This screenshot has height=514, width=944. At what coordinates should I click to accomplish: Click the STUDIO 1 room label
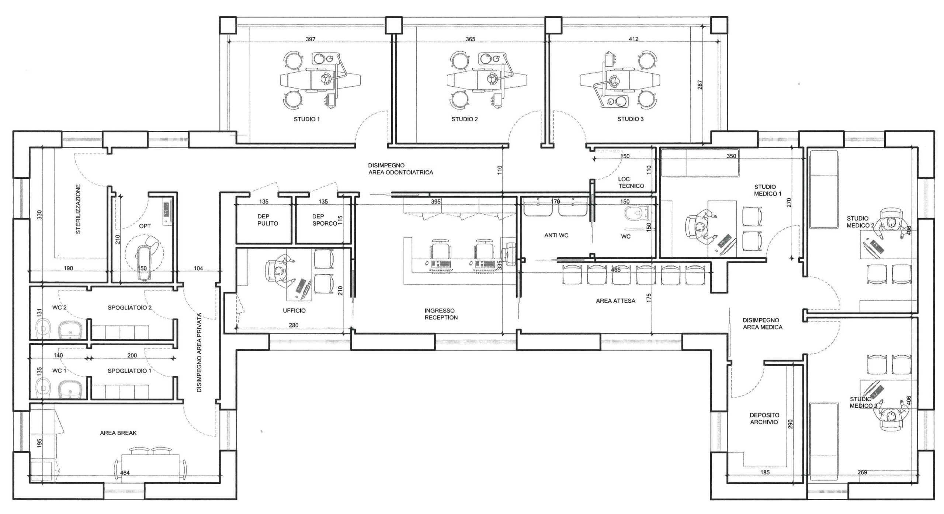[x=306, y=119]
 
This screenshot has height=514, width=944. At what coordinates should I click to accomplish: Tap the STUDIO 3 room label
[x=630, y=119]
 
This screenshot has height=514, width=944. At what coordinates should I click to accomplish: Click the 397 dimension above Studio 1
[x=310, y=39]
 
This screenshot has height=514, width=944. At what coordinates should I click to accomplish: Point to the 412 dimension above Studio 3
[x=634, y=39]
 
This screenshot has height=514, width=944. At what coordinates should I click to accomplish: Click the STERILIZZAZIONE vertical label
[x=78, y=209]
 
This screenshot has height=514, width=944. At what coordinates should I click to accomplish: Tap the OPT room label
[x=145, y=226]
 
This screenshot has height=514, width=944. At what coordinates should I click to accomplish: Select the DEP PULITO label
[x=268, y=220]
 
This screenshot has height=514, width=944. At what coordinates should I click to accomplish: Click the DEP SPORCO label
[x=324, y=220]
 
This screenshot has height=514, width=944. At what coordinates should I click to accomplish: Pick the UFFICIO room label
[x=294, y=310]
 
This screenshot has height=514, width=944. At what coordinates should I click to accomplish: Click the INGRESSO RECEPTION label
[x=441, y=314]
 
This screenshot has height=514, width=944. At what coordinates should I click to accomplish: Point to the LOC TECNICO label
[x=631, y=183]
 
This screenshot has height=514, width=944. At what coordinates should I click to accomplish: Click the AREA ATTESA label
[x=615, y=301]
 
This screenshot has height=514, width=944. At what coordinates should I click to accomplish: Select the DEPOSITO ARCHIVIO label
[x=764, y=419]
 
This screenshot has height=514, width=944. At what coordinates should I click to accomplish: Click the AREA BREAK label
[x=118, y=433]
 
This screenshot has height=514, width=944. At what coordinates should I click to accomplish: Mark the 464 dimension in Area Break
[x=125, y=473]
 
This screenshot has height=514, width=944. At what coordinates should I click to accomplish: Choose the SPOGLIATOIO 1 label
[x=129, y=371]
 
